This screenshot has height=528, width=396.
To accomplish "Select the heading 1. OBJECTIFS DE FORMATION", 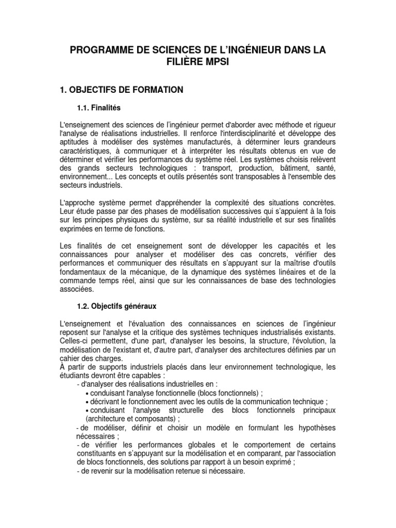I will point(122,90).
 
